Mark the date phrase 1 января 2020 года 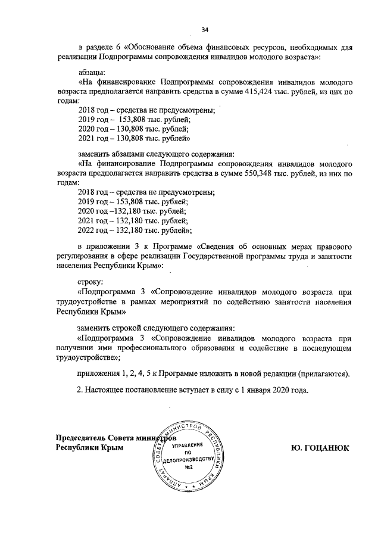coord(277,391)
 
